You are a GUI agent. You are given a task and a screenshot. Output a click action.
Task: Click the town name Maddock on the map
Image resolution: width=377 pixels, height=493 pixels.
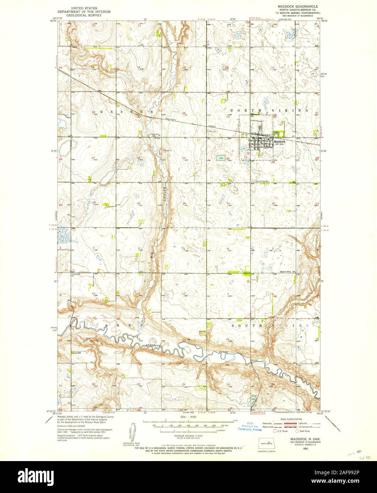(x=279, y=141)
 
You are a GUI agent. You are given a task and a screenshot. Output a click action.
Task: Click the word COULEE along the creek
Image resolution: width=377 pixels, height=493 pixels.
(x=165, y=195)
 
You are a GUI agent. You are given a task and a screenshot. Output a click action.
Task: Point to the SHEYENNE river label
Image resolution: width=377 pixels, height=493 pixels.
(x=155, y=345)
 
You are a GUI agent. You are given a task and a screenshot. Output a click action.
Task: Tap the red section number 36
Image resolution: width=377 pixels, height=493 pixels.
(x=184, y=203)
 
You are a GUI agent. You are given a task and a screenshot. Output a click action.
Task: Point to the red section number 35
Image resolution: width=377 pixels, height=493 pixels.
(x=138, y=203)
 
